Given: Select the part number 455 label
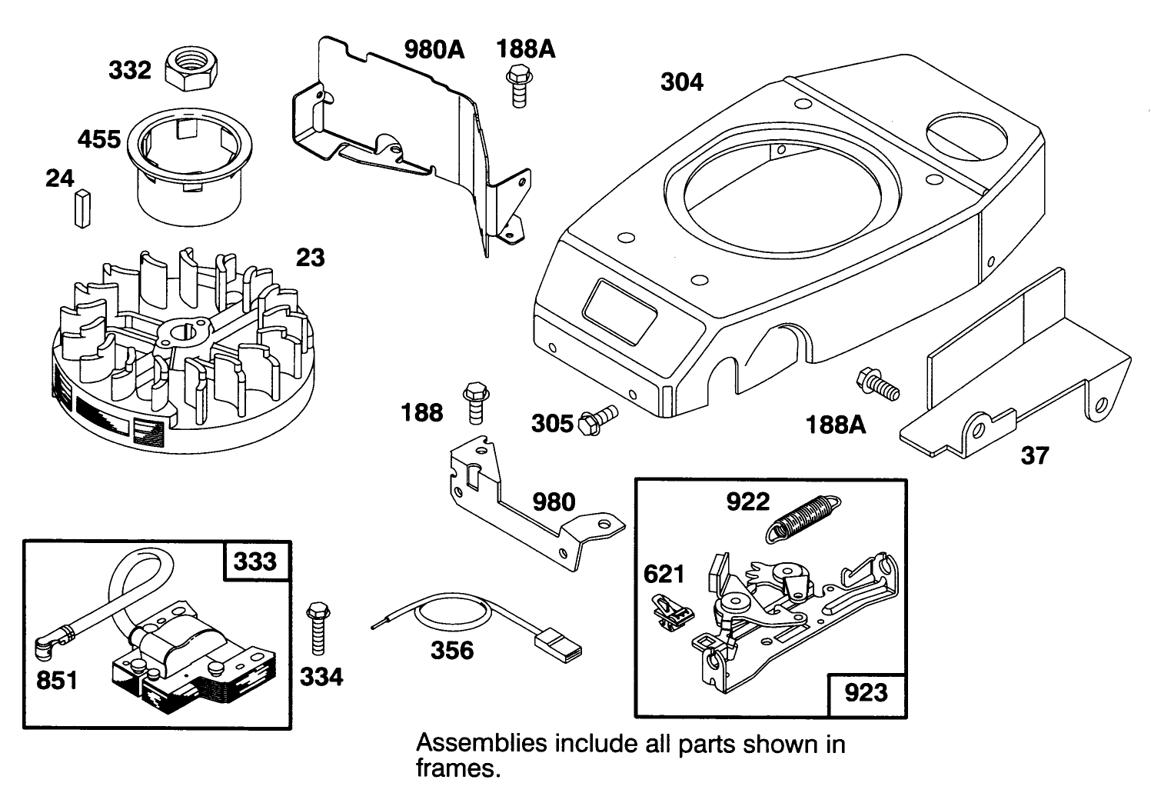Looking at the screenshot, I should tap(99, 140).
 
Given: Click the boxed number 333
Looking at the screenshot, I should tap(255, 561).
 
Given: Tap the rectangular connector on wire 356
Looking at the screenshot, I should tap(564, 643).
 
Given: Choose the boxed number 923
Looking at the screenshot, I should tap(866, 693).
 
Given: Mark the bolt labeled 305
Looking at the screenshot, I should tap(598, 419).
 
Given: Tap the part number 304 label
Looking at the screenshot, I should tap(682, 82).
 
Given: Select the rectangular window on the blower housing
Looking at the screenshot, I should tap(619, 310).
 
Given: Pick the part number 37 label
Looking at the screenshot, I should tap(1034, 455).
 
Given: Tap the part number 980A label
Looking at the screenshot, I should tap(435, 50).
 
